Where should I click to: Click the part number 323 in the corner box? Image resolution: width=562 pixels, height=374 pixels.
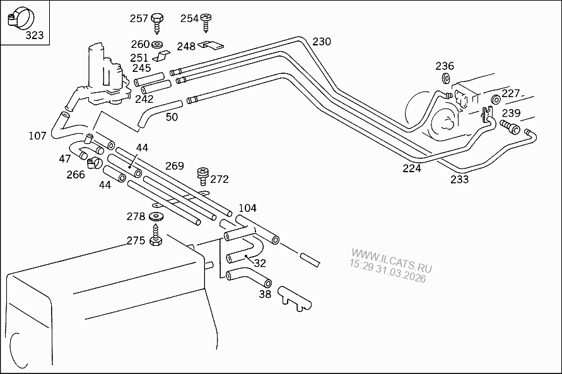pos(34,35)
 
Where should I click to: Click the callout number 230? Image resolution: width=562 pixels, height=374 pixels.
pos(322,42)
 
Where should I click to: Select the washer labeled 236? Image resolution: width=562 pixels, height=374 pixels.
pos(445,79)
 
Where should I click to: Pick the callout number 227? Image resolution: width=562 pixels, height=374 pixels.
pos(510,93)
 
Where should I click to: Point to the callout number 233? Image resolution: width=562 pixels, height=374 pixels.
pos(460,180)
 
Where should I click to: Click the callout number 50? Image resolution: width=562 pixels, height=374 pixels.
pos(172,117)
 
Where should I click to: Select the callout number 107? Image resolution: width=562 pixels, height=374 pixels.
pos(38,136)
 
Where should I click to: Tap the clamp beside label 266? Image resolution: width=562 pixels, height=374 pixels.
pos(95,163)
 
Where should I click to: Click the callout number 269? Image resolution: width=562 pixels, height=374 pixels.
pos(175,166)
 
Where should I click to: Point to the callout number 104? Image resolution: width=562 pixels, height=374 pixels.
pos(247,208)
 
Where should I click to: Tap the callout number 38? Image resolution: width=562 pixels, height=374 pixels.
pos(265,293)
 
